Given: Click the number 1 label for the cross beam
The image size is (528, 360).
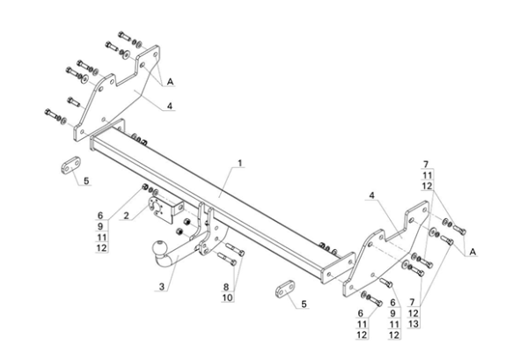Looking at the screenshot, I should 238,164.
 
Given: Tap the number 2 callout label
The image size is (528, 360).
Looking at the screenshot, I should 126,216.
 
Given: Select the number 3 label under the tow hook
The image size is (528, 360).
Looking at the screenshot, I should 162,286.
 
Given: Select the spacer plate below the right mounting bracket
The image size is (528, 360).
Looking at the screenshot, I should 283,289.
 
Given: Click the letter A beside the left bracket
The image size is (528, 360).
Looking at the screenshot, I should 170,82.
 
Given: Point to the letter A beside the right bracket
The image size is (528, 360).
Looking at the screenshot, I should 473,252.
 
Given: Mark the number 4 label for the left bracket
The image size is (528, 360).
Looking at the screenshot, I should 170,107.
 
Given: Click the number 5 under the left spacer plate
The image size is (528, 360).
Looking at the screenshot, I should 87,181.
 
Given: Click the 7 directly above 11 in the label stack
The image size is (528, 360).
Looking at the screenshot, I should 426,165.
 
